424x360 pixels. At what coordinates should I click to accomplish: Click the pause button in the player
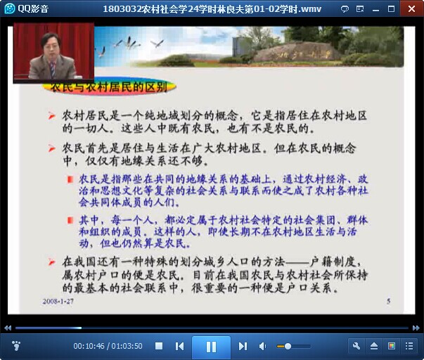[211, 347]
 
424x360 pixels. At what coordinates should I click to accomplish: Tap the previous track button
[179, 346]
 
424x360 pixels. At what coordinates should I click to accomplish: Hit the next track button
[243, 346]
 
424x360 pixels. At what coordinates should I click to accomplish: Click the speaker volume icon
[262, 346]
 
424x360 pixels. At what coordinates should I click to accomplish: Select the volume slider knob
[288, 346]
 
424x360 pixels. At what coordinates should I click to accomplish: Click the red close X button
[411, 9]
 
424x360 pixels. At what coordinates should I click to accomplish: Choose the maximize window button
[391, 9]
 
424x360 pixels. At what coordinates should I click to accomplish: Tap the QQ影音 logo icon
[10, 8]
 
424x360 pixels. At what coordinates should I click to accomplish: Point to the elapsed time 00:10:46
[89, 346]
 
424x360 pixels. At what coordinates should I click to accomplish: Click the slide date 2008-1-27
[58, 302]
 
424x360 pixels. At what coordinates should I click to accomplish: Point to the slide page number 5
[389, 301]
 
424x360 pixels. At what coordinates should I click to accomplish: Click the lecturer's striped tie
[53, 69]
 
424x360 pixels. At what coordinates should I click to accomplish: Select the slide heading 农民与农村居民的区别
[109, 87]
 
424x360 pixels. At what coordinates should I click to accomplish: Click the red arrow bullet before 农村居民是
[51, 116]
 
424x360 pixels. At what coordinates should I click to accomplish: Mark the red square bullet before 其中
[70, 221]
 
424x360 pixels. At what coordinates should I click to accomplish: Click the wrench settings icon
[356, 346]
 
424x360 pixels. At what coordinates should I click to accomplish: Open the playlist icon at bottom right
[409, 346]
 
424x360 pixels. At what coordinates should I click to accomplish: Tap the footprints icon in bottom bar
[16, 346]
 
